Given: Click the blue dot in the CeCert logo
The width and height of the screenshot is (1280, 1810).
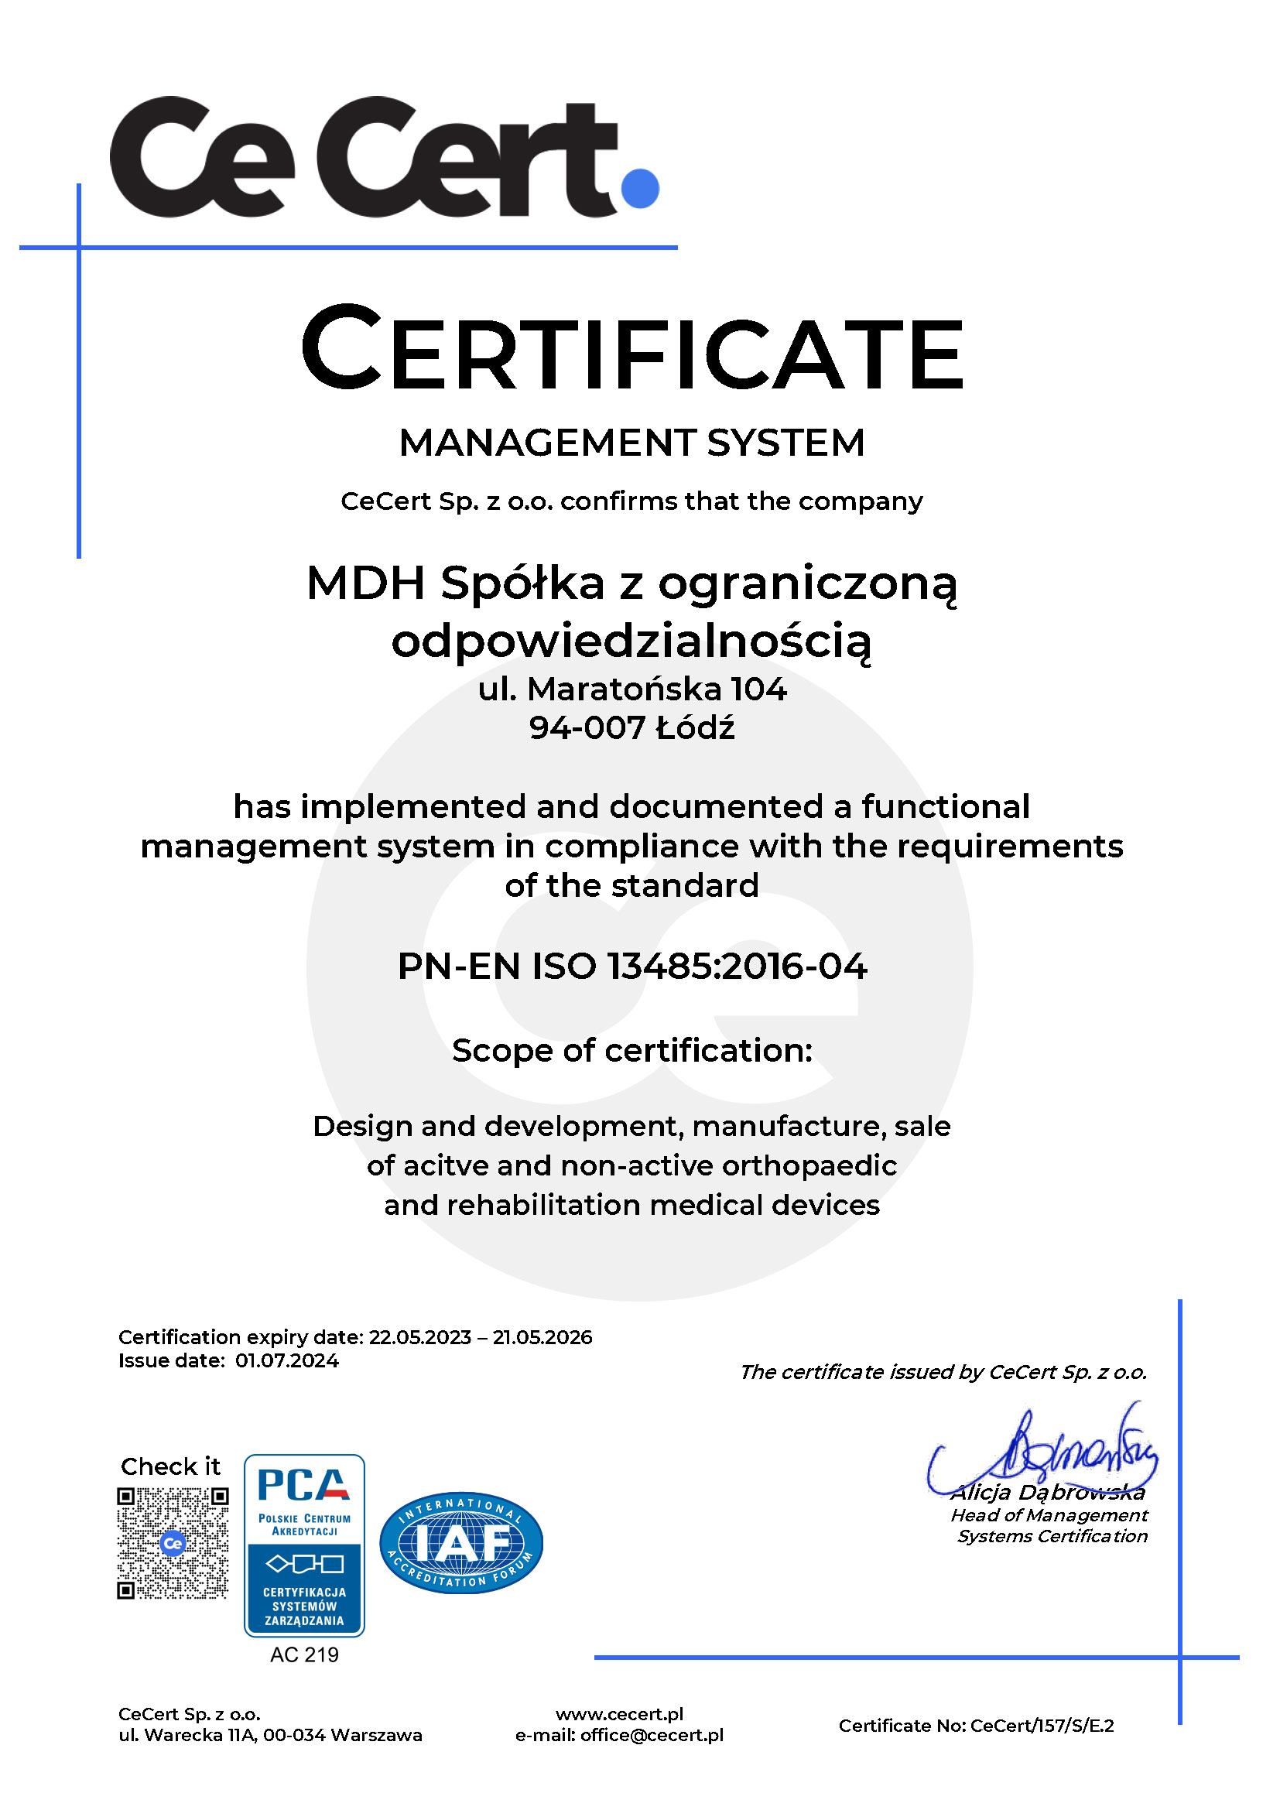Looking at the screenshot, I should pos(639,188).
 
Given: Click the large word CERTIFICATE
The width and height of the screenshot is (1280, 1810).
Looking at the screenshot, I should pos(632,350).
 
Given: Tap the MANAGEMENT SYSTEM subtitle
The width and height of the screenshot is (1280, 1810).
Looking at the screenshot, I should pos(632,443).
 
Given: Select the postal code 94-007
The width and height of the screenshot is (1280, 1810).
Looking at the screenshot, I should pos(587,727).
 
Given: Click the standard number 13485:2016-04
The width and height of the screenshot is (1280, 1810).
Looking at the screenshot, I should pos(737,967).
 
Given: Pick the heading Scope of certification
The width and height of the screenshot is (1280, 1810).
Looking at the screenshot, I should pos(632,1051).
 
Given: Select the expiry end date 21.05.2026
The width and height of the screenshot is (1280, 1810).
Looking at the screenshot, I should pos(542,1338).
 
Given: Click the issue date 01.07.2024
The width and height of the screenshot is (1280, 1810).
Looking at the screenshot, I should pos(287,1361).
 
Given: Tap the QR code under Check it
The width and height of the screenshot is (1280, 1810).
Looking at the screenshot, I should pos(173,1544).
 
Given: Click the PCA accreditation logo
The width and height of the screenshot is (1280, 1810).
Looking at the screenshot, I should pos(304,1546).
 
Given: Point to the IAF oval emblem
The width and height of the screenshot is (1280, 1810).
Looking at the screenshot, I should pos(461,1543).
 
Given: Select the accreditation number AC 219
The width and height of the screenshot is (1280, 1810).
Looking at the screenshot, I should pos(304,1654).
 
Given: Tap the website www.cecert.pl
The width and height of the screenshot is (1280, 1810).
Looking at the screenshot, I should pos(620,1715).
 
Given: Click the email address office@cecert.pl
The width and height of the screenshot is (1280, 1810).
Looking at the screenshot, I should pos(652,1735).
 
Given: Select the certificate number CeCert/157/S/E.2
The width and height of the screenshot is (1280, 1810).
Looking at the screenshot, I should pos(1042,1726).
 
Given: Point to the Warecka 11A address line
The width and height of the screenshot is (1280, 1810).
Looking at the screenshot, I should pos(270,1735).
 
